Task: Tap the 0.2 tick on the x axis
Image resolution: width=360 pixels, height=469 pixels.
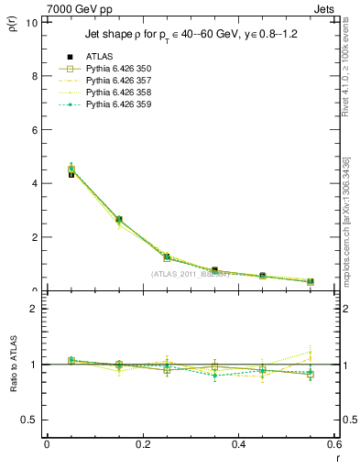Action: [x=142, y=443]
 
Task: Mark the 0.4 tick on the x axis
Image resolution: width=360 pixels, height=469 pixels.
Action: [x=238, y=443]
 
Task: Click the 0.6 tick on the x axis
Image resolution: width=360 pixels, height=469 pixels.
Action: [x=333, y=443]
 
